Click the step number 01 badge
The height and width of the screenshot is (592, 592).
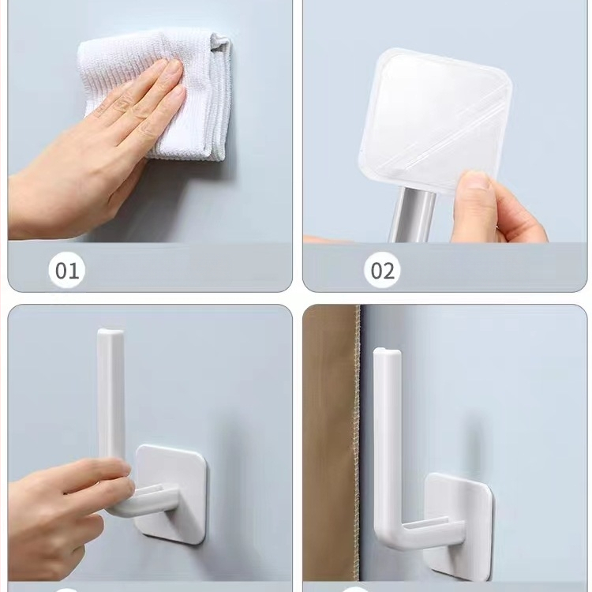click(67, 270)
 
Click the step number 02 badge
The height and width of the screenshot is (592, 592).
click(382, 270)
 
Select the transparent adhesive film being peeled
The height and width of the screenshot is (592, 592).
click(434, 121)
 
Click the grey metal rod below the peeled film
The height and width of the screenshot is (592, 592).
click(411, 215)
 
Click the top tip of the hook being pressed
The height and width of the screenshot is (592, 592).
click(111, 331)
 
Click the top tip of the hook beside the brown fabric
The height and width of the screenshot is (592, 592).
click(388, 351)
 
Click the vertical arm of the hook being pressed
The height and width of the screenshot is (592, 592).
click(111, 396)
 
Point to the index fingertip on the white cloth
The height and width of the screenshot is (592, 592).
click(174, 68)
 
